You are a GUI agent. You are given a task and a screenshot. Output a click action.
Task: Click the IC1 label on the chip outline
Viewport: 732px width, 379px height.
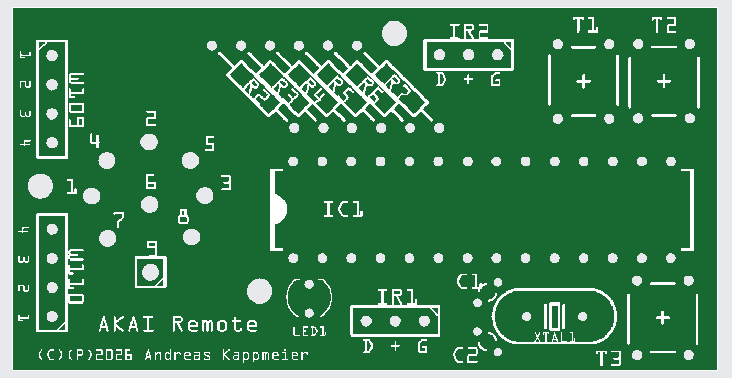coord(343,210)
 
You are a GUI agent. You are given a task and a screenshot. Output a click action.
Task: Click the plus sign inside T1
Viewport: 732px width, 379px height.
coord(583,81)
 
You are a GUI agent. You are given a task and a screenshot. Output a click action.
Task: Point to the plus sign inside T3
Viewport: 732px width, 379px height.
coord(663,318)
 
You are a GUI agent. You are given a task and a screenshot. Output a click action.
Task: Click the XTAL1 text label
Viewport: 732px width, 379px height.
coord(554,337)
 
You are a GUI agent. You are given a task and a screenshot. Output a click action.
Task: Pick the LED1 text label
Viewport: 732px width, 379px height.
coord(309,331)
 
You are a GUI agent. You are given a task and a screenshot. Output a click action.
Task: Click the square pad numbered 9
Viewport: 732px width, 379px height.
coord(151,272)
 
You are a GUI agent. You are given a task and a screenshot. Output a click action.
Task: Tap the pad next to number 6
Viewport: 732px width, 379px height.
coord(150,204)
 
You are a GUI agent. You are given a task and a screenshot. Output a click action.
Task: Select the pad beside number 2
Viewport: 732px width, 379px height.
coord(149,142)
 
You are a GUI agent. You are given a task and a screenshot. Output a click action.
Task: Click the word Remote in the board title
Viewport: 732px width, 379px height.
coord(215,324)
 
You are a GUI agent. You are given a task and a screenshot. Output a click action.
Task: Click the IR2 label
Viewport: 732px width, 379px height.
coord(468,31)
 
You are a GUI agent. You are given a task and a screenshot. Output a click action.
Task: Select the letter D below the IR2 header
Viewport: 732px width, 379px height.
coord(442,80)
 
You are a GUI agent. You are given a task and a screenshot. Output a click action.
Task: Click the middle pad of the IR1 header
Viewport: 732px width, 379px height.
coord(395,320)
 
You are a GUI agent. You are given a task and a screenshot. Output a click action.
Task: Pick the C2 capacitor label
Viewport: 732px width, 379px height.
coord(466,356)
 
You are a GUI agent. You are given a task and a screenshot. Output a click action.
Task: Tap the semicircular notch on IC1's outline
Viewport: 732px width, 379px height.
coord(278,210)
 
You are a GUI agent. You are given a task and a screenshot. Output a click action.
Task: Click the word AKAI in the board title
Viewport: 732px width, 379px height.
coord(127,324)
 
